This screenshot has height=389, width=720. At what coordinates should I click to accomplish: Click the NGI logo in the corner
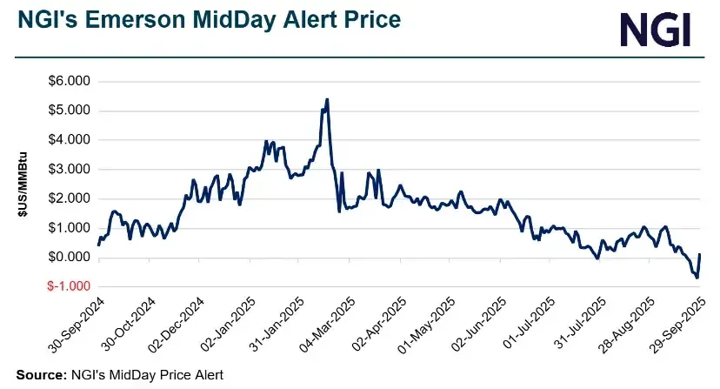coord(656,30)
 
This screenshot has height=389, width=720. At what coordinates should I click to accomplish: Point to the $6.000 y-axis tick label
coord(67,81)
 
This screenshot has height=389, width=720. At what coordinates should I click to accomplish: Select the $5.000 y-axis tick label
coord(67,111)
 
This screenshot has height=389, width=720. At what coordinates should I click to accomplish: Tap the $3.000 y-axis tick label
coord(67,169)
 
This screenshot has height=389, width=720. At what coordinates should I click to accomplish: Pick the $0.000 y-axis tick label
coord(67,257)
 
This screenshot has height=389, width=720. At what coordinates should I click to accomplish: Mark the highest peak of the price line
coord(326,99)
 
